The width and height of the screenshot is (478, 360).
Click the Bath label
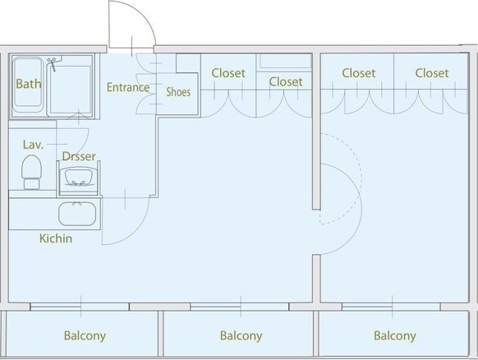(28, 84)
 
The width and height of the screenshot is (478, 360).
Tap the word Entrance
(128, 88)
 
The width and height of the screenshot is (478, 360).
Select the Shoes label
(178, 92)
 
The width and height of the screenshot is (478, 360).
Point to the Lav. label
(33, 145)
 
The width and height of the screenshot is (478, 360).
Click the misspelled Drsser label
(79, 156)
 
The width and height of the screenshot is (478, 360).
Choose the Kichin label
(56, 238)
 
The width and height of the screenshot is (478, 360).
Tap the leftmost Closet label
(228, 73)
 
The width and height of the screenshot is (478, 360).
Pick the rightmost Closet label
(431, 73)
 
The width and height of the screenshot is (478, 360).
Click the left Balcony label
(85, 335)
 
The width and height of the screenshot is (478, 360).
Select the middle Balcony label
(241, 335)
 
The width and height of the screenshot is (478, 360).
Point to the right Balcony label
(394, 335)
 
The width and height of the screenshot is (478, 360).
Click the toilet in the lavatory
(31, 173)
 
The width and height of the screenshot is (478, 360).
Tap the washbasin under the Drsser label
(79, 177)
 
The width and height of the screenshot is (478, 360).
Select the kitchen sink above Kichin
(78, 215)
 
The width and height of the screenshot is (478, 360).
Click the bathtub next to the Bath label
(70, 89)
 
